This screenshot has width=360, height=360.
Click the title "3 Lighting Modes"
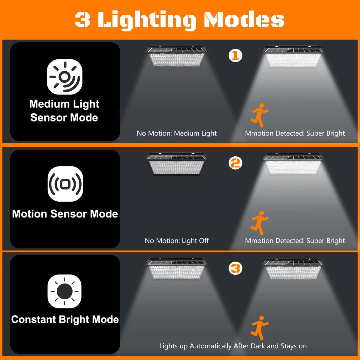pos(179,20)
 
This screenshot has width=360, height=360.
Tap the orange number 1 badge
pos(235,55)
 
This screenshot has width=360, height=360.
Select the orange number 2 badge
pos(235,163)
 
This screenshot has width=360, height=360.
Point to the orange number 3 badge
pos(235,268)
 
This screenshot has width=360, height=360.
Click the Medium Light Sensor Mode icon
pos(64,77)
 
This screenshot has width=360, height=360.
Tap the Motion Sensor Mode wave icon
pos(65,184)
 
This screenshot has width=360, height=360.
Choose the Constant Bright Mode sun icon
pos(64,291)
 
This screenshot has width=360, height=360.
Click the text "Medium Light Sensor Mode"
pos(64,111)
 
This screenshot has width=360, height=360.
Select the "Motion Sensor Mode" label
pos(65,214)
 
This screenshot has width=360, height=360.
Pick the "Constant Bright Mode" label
pos(65,319)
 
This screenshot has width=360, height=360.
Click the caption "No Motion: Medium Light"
pos(177,133)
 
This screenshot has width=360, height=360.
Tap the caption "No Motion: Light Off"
pos(177,241)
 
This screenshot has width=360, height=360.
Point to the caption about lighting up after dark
pos(233,346)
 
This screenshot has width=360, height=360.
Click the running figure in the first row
pos(259,115)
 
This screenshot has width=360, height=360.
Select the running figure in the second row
pos(259,222)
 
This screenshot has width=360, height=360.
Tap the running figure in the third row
pos(259,328)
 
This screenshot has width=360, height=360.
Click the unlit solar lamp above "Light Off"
pos(176,164)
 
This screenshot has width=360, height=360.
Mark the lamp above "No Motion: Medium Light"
pos(176,56)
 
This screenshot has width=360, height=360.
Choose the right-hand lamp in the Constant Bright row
pos(293,269)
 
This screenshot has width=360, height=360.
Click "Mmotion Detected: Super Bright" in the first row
pos(295,133)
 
